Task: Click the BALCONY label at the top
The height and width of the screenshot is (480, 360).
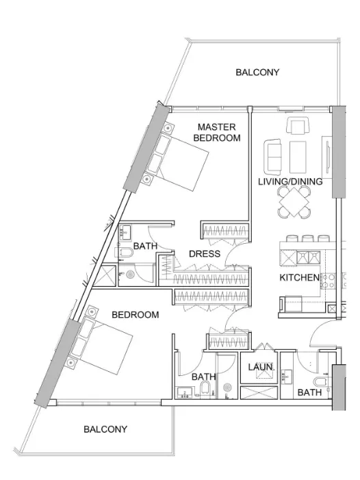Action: [257, 72]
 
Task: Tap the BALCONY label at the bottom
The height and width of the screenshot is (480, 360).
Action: [105, 429]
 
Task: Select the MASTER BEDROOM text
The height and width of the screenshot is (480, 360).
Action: [217, 132]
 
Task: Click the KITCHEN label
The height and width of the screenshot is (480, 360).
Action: [299, 277]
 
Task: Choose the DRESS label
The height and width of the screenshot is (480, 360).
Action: [205, 254]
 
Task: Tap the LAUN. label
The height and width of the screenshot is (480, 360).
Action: [260, 368]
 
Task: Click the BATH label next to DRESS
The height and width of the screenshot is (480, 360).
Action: [146, 246]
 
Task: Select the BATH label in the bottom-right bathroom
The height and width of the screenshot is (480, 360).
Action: [310, 392]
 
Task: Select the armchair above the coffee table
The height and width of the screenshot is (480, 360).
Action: [298, 126]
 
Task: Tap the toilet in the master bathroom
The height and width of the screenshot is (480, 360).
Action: [127, 255]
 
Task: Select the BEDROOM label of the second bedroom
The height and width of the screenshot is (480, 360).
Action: [136, 314]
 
